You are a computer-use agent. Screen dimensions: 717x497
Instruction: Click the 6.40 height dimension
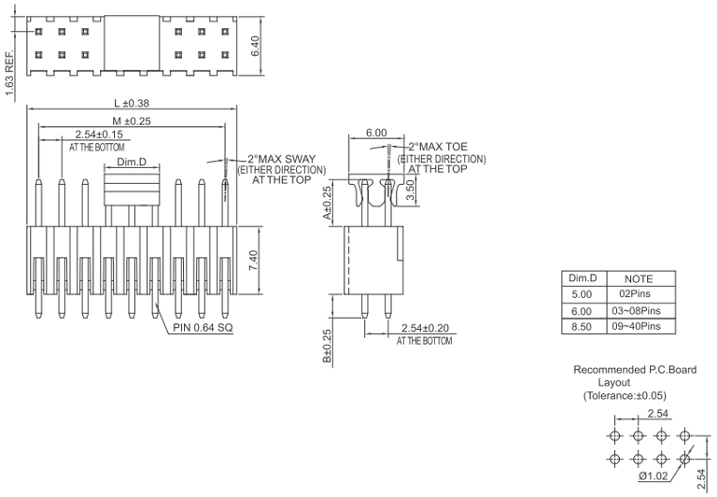coord(255,46)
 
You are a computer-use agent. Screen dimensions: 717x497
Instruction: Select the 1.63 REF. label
coord(10,73)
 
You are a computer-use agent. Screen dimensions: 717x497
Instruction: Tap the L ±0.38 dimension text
coord(132,104)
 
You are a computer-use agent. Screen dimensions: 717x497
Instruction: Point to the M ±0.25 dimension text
coord(132,121)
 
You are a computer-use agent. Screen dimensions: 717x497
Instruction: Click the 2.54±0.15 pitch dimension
coord(99,135)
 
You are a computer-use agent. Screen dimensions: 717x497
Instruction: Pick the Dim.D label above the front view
coord(132,162)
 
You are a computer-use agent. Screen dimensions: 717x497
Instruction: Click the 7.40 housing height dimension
coord(254,260)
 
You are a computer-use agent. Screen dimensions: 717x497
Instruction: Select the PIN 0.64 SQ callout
coord(203,328)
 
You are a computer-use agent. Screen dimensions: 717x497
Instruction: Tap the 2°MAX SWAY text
coord(282,159)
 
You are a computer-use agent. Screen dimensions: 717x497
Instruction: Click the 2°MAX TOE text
coord(438,147)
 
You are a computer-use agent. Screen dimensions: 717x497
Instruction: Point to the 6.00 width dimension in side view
coord(376,133)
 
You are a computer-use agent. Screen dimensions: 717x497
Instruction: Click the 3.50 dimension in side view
coord(410,190)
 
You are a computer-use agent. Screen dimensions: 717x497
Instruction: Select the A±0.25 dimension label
coord(328,203)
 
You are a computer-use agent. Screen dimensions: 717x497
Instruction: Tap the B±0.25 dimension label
coord(328,347)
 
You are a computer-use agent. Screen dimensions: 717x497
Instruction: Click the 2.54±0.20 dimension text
coord(426,328)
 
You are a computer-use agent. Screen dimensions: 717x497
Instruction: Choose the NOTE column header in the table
coord(639,279)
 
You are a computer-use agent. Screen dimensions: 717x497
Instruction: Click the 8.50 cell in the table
coord(582,327)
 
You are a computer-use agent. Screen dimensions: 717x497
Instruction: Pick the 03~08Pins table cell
coord(637,311)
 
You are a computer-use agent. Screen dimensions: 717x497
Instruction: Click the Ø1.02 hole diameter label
coord(653,476)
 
